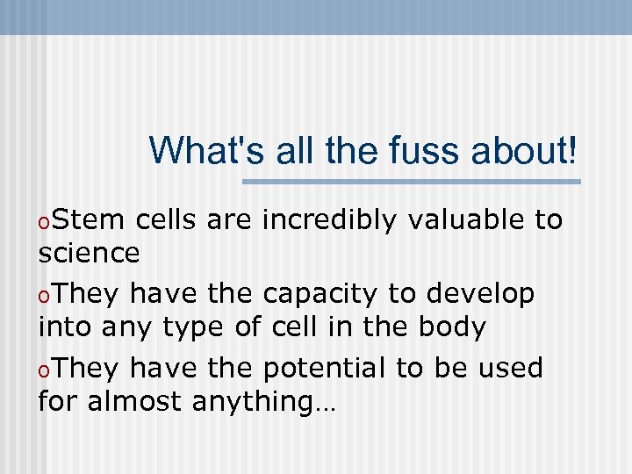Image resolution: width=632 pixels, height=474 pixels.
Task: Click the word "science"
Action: pyautogui.click(x=90, y=254)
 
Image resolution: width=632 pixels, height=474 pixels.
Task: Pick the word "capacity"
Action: pyautogui.click(x=320, y=293)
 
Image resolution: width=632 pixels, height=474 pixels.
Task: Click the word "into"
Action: pyautogui.click(x=66, y=327)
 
